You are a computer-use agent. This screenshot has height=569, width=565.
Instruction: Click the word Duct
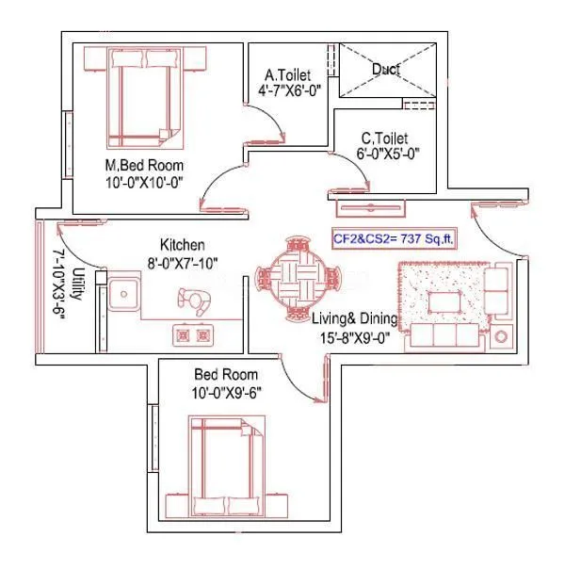click(386, 69)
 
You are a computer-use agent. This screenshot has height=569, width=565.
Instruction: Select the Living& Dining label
click(355, 319)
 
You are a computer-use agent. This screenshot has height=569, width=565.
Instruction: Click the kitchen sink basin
click(122, 295)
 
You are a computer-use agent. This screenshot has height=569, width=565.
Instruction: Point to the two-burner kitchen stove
click(191, 333)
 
